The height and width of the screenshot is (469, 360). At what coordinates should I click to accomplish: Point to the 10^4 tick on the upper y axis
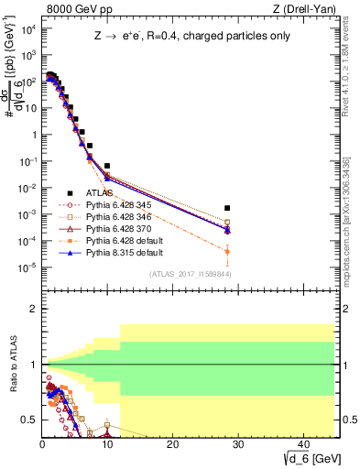(x=29, y=28)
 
